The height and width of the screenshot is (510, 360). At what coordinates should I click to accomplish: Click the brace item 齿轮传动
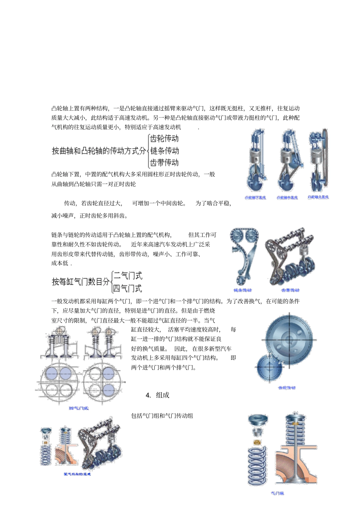tap(164, 138)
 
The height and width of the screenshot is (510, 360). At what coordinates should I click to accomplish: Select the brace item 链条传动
tap(164, 151)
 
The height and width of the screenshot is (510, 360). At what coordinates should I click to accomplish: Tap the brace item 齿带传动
tap(164, 163)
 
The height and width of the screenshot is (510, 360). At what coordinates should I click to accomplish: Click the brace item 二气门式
tap(128, 276)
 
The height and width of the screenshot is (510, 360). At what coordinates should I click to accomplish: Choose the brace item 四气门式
tap(127, 288)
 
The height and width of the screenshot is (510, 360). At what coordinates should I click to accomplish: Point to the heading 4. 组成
tap(157, 395)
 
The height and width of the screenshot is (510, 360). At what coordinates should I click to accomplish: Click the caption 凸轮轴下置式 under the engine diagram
tap(255, 198)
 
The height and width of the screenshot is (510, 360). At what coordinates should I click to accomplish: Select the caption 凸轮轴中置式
tap(287, 198)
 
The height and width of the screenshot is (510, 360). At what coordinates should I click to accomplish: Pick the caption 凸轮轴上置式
tap(318, 197)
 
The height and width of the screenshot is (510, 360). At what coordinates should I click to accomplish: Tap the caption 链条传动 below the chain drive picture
tap(243, 290)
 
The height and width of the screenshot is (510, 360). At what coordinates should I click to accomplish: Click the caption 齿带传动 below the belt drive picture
tap(290, 290)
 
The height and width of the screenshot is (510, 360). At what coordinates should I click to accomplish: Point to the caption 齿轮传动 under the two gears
tap(286, 388)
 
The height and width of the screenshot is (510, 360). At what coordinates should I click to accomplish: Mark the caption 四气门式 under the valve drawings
tap(79, 408)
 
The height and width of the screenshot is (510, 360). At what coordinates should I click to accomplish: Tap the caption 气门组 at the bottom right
tap(277, 493)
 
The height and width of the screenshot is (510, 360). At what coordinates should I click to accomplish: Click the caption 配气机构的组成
tap(77, 474)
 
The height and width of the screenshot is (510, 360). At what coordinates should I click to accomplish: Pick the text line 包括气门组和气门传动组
tap(162, 416)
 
